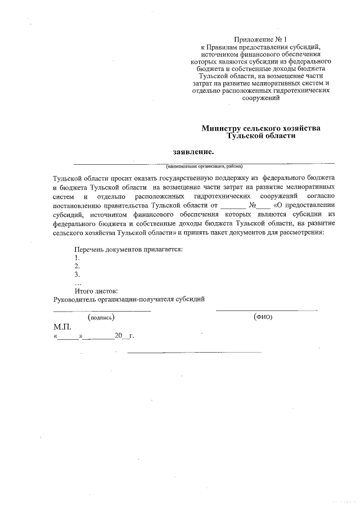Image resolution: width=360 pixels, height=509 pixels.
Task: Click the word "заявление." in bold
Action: [193, 151]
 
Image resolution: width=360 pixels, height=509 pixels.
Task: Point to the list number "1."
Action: [78, 257]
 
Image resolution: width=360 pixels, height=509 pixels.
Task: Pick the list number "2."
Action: [78, 266]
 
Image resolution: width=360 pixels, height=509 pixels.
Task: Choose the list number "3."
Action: [78, 274]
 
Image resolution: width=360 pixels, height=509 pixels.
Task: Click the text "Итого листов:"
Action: [96, 291]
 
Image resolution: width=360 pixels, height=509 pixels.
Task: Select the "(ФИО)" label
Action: [263, 317]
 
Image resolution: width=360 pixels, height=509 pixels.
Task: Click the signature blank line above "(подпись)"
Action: [102, 310]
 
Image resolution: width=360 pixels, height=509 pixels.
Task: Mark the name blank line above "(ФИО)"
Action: [266, 310]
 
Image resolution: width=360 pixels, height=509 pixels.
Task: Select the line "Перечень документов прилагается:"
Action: [129, 249]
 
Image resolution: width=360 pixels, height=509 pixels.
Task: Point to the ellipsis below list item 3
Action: [78, 283]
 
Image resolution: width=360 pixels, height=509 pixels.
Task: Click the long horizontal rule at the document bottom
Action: [195, 352]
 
